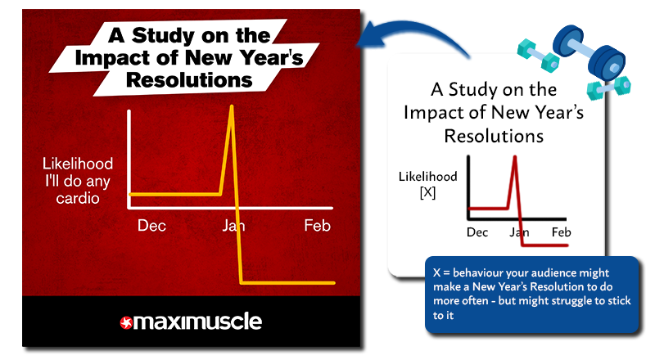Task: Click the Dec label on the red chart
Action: (151, 225)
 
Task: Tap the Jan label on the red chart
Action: (234, 225)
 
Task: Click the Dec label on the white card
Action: (477, 232)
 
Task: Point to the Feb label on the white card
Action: (561, 232)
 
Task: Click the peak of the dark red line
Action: (514, 158)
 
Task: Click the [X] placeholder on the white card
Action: (428, 192)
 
